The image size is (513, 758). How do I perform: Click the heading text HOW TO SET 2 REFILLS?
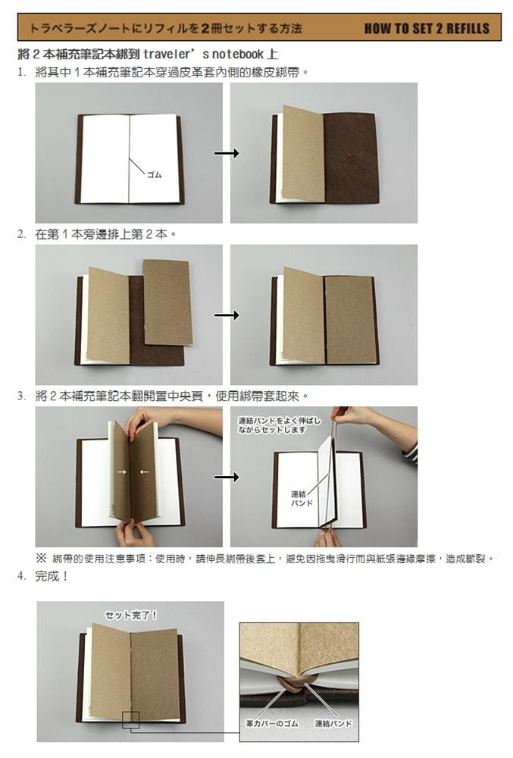pyautogui.click(x=427, y=29)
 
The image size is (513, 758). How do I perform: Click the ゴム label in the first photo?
pyautogui.click(x=154, y=175)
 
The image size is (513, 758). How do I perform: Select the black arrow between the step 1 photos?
pyautogui.click(x=227, y=153)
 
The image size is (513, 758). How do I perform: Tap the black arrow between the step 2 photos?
pyautogui.click(x=227, y=315)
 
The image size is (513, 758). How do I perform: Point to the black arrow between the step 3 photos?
pyautogui.click(x=227, y=477)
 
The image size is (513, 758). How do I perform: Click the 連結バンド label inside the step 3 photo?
pyautogui.click(x=302, y=499)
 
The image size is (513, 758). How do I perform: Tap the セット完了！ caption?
pyautogui.click(x=131, y=615)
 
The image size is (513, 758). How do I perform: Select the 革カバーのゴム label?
pyautogui.click(x=272, y=724)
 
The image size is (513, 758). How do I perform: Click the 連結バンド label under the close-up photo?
pyautogui.click(x=333, y=724)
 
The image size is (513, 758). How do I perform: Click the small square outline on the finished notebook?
pyautogui.click(x=130, y=720)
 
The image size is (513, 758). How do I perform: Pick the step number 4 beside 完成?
pyautogui.click(x=20, y=576)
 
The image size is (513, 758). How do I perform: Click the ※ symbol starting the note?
pyautogui.click(x=41, y=559)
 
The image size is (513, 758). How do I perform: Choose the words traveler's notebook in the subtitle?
pyautogui.click(x=203, y=54)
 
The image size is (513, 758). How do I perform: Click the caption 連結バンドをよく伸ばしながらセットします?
pyautogui.click(x=279, y=425)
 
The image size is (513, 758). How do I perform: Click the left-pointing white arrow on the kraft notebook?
pyautogui.click(x=144, y=471)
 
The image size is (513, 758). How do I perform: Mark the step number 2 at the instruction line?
pyautogui.click(x=20, y=234)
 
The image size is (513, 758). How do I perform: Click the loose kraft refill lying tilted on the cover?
pyautogui.click(x=167, y=302)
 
